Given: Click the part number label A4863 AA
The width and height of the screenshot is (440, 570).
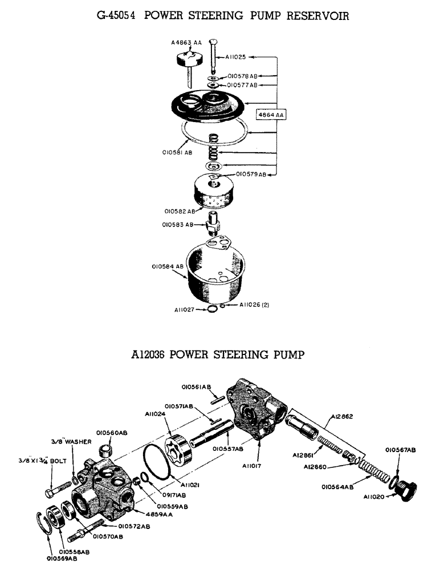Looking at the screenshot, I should coord(187,42).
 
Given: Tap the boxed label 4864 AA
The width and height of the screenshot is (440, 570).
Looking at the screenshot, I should coord(272,115).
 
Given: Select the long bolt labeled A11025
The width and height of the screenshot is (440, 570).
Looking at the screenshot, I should coord(214,58).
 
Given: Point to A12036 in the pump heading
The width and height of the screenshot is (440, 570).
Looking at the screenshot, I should coord(149,355).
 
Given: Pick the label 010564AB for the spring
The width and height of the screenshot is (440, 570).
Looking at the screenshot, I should coord(338,487).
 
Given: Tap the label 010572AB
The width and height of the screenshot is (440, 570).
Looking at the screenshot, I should coord(134,526).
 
